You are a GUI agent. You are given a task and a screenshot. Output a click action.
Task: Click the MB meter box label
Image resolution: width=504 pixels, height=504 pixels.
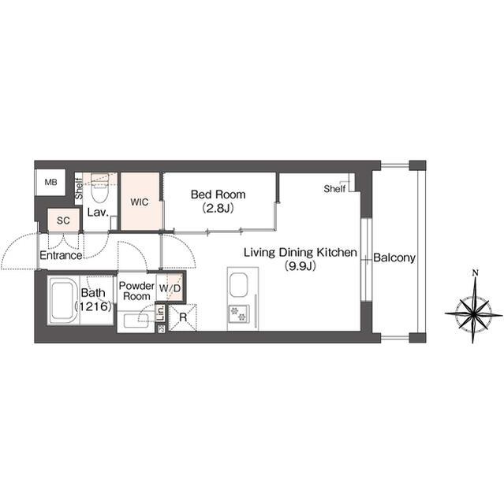pyautogui.click(x=50, y=182)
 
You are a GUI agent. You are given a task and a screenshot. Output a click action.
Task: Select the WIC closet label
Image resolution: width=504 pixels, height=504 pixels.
pyautogui.click(x=140, y=202)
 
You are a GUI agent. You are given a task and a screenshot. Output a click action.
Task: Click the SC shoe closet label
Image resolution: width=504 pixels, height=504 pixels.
pyautogui.click(x=63, y=220)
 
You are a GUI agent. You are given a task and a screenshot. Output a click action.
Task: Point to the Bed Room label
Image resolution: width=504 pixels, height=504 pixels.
pyautogui.click(x=218, y=195)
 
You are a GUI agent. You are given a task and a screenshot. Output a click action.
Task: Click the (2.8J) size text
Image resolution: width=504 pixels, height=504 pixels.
pyautogui.click(x=218, y=209)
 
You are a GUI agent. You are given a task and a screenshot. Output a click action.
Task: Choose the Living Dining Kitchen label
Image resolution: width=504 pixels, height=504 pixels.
pyautogui.click(x=301, y=252)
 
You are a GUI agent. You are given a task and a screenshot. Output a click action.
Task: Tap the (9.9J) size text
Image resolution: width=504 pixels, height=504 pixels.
pyautogui.click(x=300, y=266)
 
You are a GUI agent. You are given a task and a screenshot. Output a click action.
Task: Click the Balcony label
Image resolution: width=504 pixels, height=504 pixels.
pyautogui.click(x=394, y=258)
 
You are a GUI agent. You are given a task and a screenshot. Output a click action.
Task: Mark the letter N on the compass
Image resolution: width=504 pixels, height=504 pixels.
pyautogui.click(x=475, y=273)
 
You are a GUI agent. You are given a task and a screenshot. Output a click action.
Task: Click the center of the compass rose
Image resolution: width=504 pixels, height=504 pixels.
pyautogui.click(x=474, y=313)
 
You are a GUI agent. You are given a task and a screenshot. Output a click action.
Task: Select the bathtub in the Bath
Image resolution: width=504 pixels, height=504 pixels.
pyautogui.click(x=64, y=299)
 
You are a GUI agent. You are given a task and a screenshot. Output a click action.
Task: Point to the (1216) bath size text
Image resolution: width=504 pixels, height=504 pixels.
pyautogui.click(x=93, y=306)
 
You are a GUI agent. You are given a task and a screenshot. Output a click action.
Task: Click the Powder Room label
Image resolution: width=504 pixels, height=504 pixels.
pyautogui.click(x=136, y=291)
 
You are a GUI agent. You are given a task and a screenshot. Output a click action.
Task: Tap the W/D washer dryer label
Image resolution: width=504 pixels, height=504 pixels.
pyautogui.click(x=170, y=288)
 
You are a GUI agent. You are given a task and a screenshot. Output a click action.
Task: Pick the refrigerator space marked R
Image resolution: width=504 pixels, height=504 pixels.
pyautogui.click(x=183, y=317)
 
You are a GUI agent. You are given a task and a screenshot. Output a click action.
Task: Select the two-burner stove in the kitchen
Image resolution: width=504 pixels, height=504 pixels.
pyautogui.click(x=238, y=314)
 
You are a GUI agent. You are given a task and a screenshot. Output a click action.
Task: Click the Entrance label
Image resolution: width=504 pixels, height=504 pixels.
pyautogui.click(x=61, y=255)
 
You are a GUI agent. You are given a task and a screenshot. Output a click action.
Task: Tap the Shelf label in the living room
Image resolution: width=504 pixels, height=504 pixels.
pyautogui.click(x=334, y=189)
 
